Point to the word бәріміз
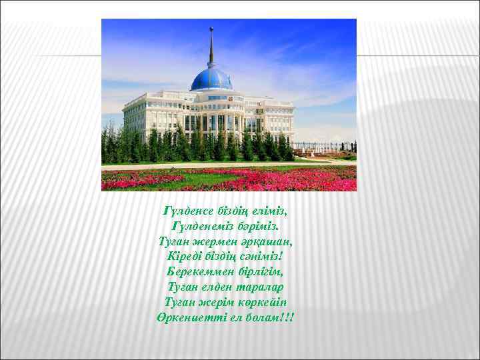(x=257, y=226)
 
